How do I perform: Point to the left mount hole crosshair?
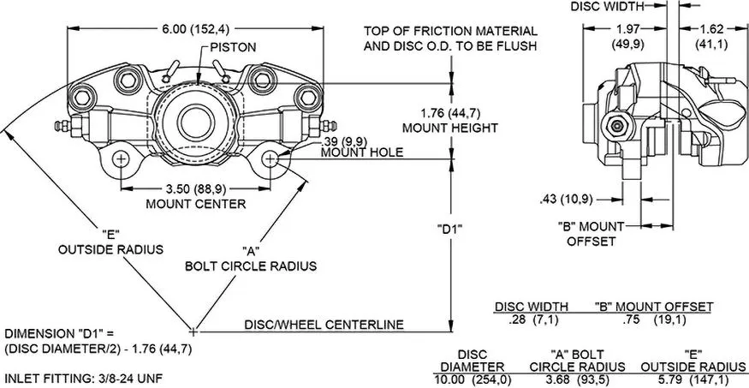[121, 159]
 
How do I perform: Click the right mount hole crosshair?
[270, 159]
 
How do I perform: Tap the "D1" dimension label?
[450, 229]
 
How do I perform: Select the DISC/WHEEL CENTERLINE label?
[324, 325]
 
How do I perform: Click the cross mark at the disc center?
[193, 331]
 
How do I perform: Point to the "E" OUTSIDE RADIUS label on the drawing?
[110, 242]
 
